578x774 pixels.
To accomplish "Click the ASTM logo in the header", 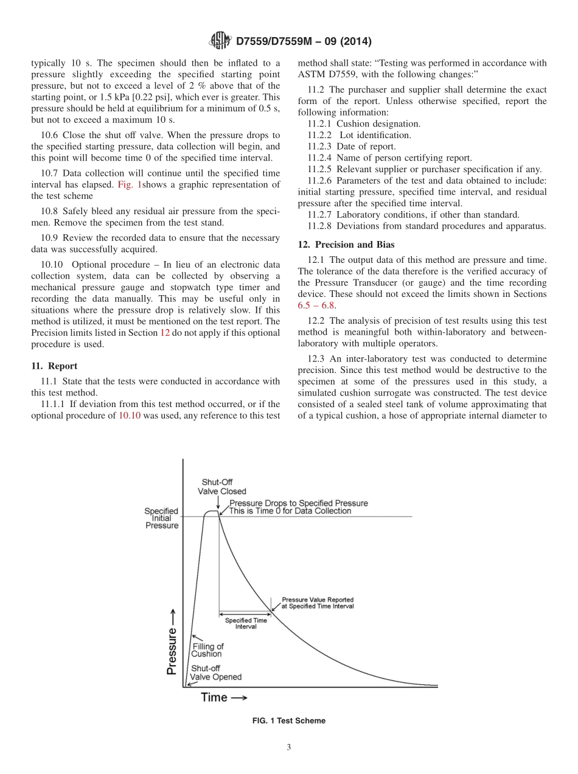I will (x=220, y=41).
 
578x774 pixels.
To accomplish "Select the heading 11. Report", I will (x=54, y=366).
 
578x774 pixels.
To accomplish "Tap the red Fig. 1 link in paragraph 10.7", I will (x=129, y=185).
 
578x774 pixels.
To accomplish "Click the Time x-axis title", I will (x=223, y=697).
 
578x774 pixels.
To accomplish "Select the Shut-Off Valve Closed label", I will (x=217, y=486).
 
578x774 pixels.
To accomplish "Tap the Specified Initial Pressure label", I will (x=161, y=518).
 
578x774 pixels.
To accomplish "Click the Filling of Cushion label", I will (x=207, y=650).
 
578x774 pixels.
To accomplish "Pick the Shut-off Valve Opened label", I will (x=215, y=672).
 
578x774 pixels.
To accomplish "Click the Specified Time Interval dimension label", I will (x=246, y=623).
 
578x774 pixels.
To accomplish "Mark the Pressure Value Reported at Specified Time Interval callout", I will (x=317, y=602).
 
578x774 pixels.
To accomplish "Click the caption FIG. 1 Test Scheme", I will (x=289, y=720).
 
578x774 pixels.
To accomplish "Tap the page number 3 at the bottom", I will (x=289, y=748).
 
